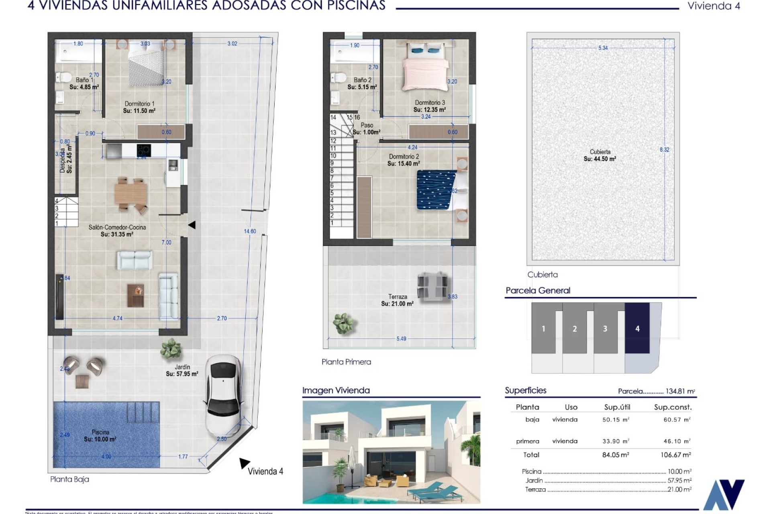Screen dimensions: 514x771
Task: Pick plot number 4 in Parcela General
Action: coord(637,328)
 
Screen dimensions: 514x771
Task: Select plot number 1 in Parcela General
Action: coord(543,328)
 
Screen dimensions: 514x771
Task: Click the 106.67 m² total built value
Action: coord(675,455)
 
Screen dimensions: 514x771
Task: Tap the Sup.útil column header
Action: coord(617,407)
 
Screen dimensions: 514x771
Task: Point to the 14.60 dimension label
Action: coord(250,231)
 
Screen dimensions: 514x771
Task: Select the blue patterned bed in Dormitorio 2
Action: coord(436,190)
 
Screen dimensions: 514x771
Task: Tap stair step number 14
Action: coord(333,118)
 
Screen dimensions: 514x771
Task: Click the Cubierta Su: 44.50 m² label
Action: coord(600,155)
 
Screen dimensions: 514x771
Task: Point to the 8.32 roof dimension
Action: coord(664,150)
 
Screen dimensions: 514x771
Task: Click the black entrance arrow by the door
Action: coord(192,225)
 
